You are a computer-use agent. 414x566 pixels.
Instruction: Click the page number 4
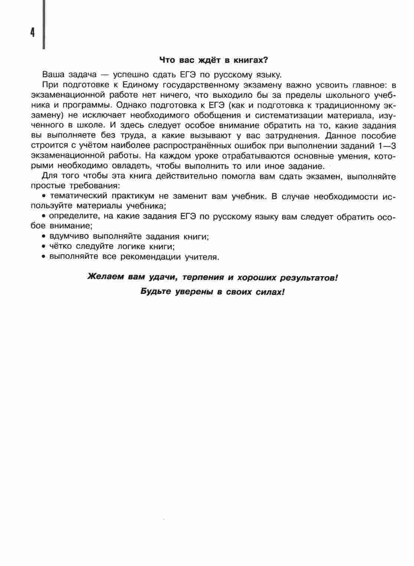coord(33,33)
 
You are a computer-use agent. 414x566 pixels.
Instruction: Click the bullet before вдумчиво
coord(43,236)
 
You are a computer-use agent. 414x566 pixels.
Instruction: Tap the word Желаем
coord(106,277)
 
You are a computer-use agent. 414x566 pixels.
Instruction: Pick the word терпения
coord(204,277)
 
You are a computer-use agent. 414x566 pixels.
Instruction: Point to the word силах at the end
coord(270,292)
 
